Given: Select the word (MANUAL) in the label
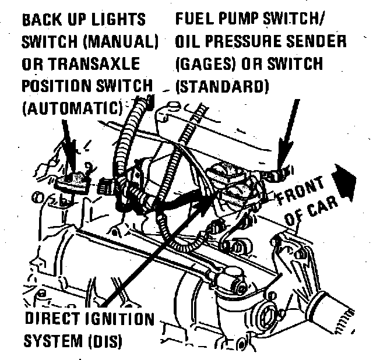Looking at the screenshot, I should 121,42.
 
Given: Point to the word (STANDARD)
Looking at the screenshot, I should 221,86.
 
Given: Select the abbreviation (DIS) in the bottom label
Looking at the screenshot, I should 104,341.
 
